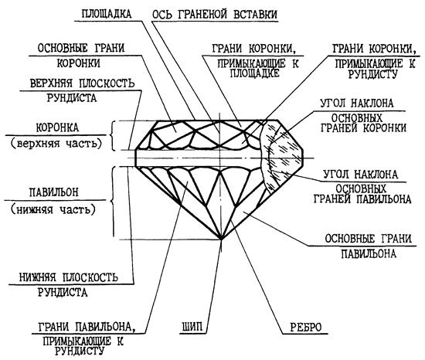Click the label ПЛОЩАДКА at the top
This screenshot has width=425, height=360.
[x=107, y=13]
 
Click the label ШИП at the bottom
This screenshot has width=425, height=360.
[x=192, y=327]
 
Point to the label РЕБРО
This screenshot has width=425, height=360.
[x=306, y=328]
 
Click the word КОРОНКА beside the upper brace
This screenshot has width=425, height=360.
[x=57, y=127]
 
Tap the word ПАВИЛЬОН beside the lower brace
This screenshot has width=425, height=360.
[x=53, y=192]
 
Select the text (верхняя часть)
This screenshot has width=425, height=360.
[x=56, y=143]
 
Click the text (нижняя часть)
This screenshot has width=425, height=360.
[x=53, y=209]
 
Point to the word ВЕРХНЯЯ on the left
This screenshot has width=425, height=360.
[x=51, y=83]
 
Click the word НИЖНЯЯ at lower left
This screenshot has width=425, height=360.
[x=37, y=277]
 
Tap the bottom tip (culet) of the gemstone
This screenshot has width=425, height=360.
[x=221, y=239]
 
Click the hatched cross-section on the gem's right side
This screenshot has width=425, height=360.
[x=282, y=156]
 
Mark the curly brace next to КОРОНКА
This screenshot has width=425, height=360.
[x=112, y=135]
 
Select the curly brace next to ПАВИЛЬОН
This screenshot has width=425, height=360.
[x=112, y=202]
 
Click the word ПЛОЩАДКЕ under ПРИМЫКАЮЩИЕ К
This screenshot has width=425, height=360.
[x=255, y=73]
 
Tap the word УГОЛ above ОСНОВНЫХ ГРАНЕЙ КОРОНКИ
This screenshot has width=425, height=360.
[x=333, y=103]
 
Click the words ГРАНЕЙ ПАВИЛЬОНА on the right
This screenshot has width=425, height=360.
[x=362, y=199]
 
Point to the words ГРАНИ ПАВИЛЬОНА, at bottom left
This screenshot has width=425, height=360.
[x=87, y=327]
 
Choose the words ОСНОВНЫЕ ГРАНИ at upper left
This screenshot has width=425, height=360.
[x=81, y=48]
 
